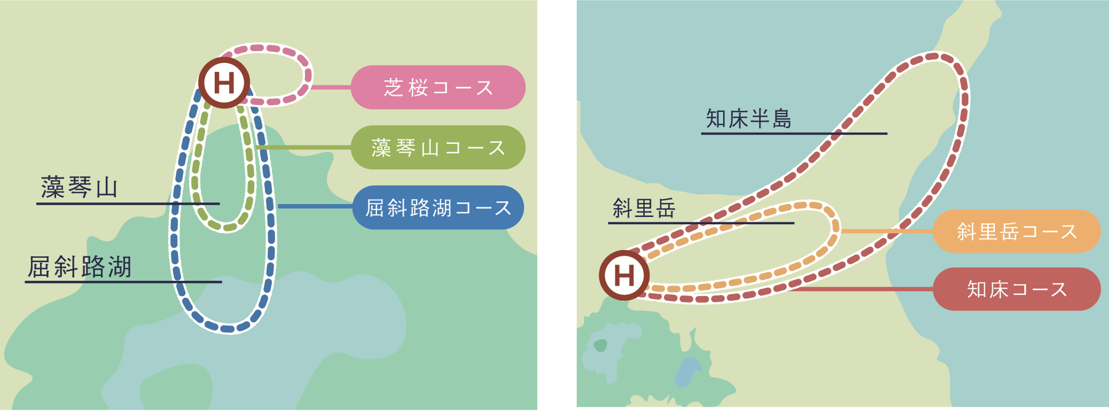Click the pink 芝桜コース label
(438, 87)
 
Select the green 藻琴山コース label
(438, 148)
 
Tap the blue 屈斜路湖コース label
(438, 208)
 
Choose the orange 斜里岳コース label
(1016, 232)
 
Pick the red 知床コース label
(1016, 289)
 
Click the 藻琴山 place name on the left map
(79, 187)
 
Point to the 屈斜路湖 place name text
(80, 267)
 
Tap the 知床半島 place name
(749, 119)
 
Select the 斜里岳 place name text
(644, 209)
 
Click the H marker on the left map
(224, 83)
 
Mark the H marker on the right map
(624, 276)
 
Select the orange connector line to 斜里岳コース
(887, 232)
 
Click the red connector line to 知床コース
(861, 289)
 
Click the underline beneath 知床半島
(794, 134)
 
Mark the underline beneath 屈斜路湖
(123, 282)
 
